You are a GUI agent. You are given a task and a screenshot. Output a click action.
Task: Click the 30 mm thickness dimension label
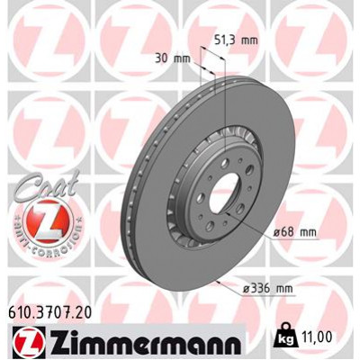173,58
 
